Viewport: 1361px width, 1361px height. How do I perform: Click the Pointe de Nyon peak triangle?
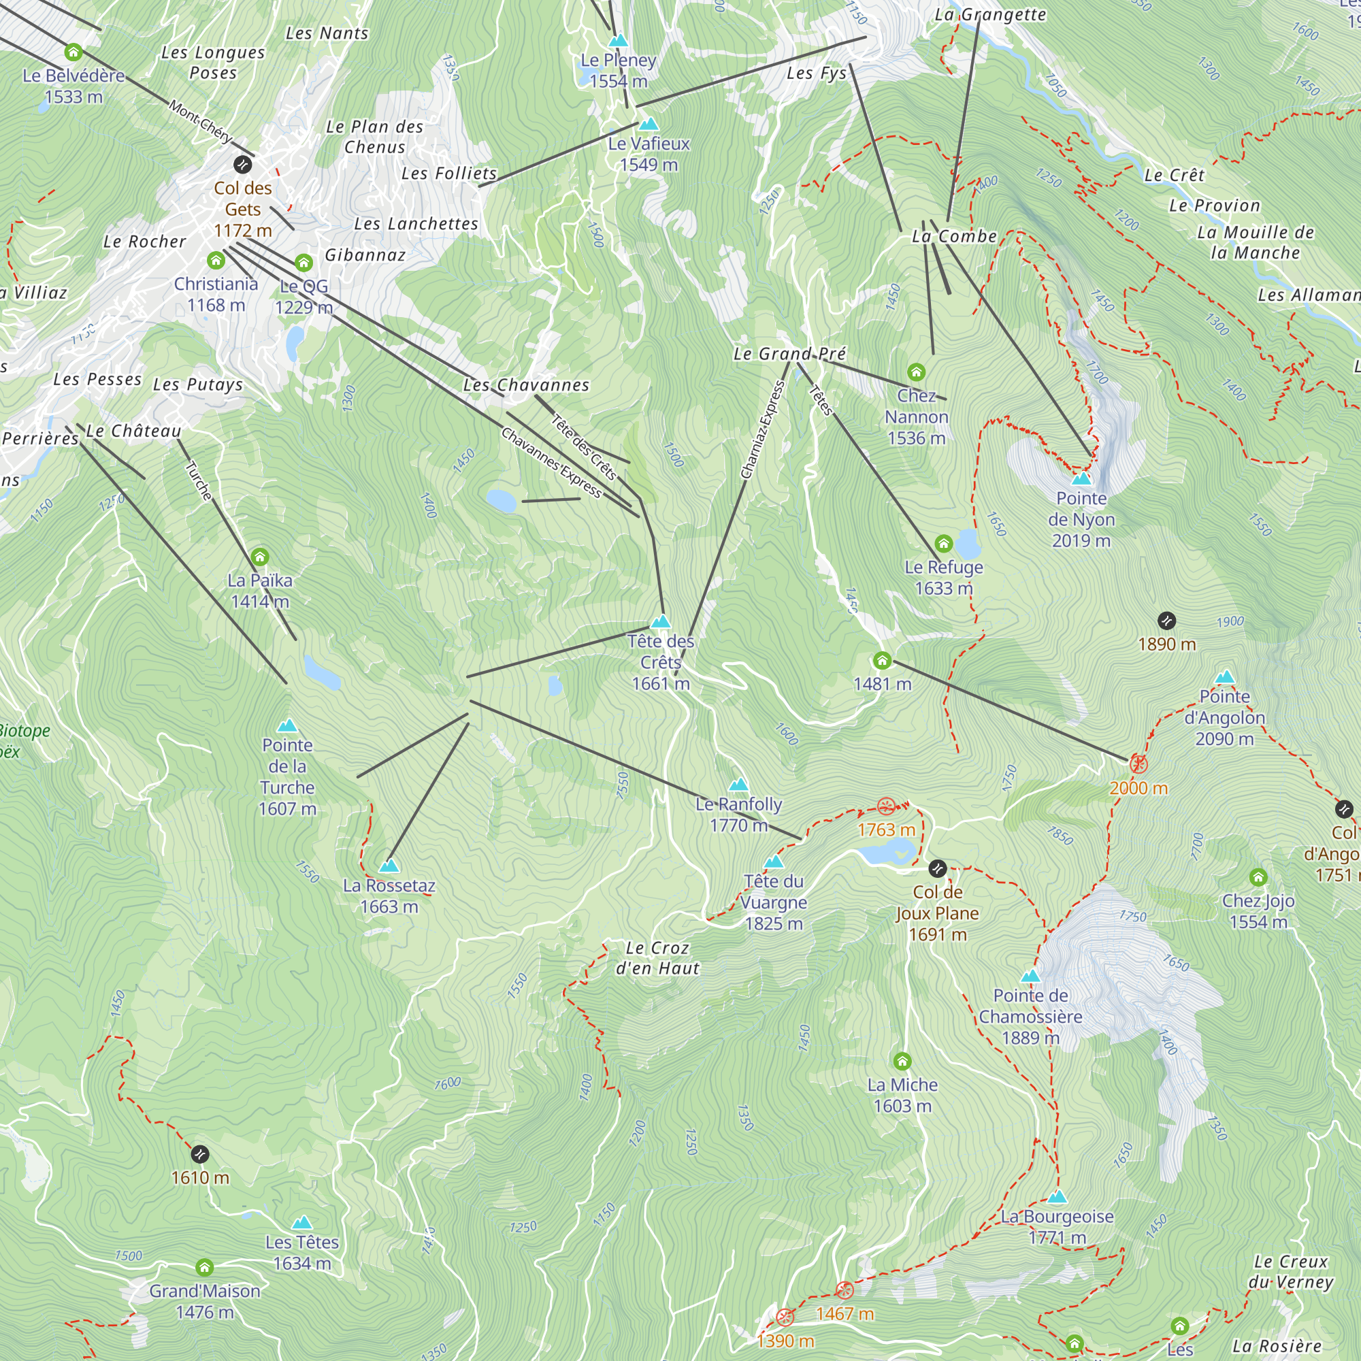coord(1081,480)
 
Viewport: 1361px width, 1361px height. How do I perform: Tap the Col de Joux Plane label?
coord(937,913)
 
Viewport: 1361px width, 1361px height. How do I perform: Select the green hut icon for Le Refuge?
coord(944,544)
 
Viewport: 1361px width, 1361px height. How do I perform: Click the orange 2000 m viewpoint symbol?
coord(1138,764)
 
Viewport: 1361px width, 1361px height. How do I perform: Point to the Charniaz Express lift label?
coord(763,429)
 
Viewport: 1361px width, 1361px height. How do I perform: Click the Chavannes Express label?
coord(551,462)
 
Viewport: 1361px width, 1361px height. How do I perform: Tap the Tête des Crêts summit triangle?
coord(661,622)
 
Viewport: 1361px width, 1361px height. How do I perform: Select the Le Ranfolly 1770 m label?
coord(738,815)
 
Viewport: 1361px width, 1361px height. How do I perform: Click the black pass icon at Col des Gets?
coord(242,165)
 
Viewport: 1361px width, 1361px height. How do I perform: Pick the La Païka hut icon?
coord(260,557)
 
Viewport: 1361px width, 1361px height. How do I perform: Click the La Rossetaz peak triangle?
coord(389,866)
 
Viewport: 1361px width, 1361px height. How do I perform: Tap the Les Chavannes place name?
coord(526,385)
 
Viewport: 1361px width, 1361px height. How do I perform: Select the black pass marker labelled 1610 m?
coord(200,1155)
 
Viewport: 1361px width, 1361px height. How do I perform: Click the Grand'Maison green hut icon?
coord(204,1268)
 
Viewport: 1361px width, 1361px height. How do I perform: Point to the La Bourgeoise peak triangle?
coord(1057,1198)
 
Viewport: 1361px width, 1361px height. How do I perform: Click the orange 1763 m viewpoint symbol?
coord(886,806)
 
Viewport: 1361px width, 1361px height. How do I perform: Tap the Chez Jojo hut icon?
coord(1258,878)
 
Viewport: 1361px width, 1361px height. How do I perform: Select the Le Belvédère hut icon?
coord(73,52)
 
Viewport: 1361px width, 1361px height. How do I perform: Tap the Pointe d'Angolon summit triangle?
coord(1225,678)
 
